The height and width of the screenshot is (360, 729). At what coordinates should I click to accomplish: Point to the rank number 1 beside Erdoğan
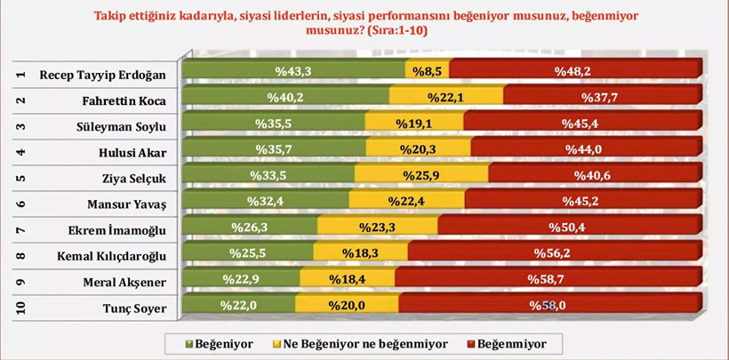pyautogui.click(x=20, y=74)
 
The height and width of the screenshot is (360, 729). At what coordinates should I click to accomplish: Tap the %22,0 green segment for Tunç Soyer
pyautogui.click(x=237, y=305)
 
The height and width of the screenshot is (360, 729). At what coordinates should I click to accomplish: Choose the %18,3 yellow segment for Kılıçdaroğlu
pyautogui.click(x=357, y=253)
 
